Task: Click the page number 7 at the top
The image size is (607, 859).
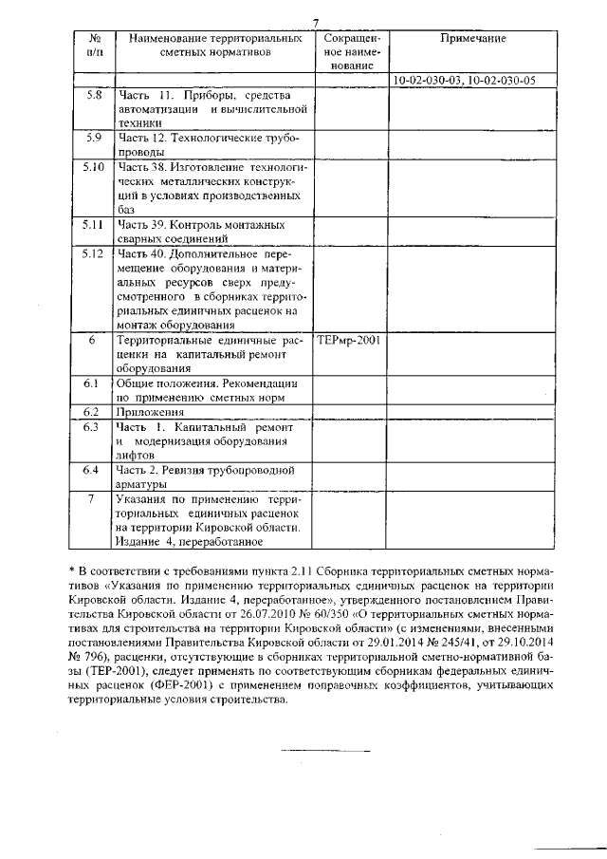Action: pyautogui.click(x=317, y=23)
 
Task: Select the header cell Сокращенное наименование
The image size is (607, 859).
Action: pyautogui.click(x=350, y=52)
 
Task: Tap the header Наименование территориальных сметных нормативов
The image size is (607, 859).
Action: pyautogui.click(x=214, y=46)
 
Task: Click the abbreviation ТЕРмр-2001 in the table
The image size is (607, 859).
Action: pyautogui.click(x=349, y=339)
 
